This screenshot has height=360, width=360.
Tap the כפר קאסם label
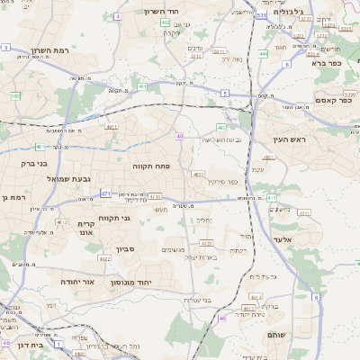331,100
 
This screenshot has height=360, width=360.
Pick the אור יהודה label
78,281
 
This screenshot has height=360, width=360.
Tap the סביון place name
124,249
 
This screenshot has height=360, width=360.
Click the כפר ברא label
329,63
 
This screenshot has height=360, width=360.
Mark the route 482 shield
15,94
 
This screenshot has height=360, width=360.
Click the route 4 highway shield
118,16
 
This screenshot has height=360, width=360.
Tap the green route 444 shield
263,54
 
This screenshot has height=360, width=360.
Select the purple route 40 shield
180,137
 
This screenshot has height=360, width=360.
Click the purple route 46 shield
221,318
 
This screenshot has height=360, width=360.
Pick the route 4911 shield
112,128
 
